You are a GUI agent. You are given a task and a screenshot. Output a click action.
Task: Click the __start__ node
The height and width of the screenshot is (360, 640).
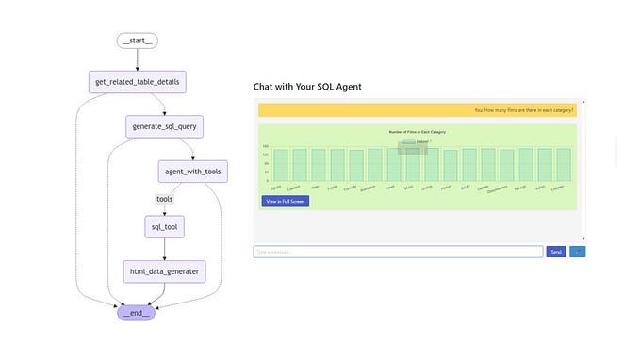138,41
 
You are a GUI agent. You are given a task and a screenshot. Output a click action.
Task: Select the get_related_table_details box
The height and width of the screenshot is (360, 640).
138,82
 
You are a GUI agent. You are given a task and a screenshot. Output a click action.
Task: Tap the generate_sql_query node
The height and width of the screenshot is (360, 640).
164,126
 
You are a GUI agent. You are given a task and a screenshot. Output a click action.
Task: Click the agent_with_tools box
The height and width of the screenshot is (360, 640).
192,172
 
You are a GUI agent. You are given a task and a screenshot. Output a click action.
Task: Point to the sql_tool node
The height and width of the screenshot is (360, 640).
164,227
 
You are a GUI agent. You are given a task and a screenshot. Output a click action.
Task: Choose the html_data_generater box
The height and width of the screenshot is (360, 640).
164,271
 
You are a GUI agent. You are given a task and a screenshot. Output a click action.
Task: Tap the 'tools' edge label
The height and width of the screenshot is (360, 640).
164,199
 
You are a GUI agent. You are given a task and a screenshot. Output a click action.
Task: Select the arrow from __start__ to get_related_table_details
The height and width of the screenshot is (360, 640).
138,60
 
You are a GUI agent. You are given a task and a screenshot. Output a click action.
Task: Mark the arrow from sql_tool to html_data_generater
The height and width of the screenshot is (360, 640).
164,249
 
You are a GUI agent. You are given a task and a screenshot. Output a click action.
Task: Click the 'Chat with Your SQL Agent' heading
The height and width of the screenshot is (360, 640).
307,87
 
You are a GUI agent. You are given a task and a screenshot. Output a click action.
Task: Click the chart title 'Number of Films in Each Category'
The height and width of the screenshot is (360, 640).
418,132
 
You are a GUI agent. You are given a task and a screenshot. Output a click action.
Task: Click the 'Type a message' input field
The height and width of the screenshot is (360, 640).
398,252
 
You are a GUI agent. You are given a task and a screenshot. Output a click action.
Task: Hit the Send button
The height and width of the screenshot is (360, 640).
556,252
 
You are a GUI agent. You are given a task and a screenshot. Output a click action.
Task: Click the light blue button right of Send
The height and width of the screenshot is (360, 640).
578,252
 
